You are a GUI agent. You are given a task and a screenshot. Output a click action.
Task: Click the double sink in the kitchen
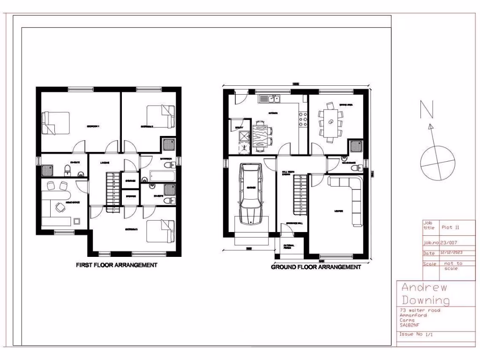pos(270,99)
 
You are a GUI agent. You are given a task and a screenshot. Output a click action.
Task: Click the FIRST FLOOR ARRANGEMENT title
pos(117,265)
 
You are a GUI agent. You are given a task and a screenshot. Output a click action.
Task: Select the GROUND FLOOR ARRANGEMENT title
pos(316,267)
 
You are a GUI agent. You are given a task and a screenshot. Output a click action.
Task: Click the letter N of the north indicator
pos(426,110)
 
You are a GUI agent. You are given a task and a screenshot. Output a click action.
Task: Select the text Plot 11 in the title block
pos(450,227)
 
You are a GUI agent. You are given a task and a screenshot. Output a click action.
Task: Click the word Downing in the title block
pos(425,300)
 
